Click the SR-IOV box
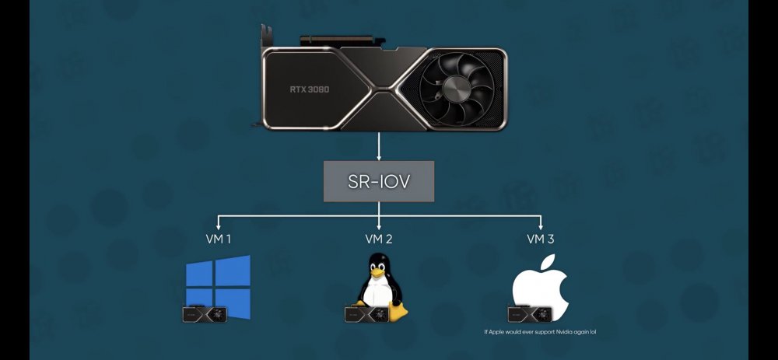379,181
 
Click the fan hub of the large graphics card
457,89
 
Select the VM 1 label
219,239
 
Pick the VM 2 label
379,239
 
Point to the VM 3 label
541,239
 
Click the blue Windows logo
218,287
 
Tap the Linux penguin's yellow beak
377,272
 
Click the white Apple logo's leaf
547,262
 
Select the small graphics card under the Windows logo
205,314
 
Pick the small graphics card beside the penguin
366,314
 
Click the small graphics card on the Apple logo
529,314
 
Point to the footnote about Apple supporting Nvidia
540,332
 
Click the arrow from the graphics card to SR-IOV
379,145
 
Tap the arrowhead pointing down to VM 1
219,226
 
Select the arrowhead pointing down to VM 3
541,226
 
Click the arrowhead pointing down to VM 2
379,226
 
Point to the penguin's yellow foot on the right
398,312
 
